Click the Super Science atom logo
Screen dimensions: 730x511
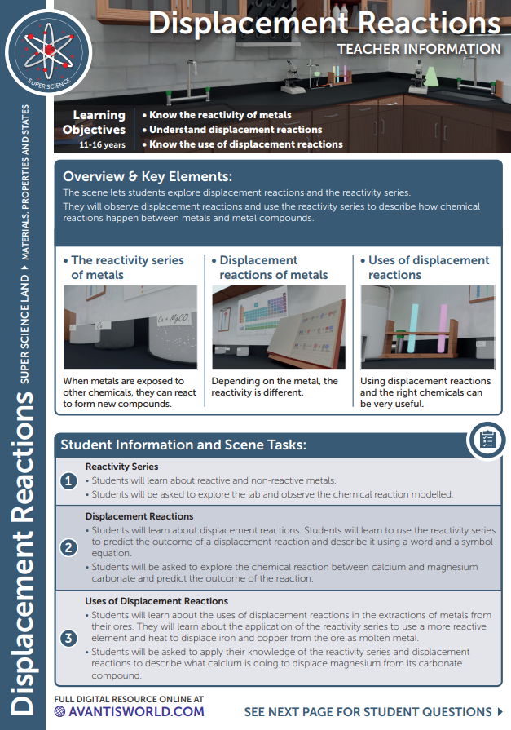click(x=48, y=53)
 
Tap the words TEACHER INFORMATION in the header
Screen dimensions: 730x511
click(x=419, y=49)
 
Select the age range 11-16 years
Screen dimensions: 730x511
click(x=102, y=144)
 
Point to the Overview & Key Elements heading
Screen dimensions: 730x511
click(x=148, y=176)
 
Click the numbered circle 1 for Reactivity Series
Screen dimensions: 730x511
click(x=70, y=481)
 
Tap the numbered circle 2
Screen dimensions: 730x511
click(x=70, y=546)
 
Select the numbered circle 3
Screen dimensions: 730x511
click(x=70, y=638)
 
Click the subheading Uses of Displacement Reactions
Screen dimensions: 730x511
click(x=156, y=601)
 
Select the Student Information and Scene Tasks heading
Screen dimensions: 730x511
click(x=183, y=445)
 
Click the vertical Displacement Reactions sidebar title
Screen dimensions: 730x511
click(x=27, y=555)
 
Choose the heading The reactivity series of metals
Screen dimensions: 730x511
click(x=127, y=267)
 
